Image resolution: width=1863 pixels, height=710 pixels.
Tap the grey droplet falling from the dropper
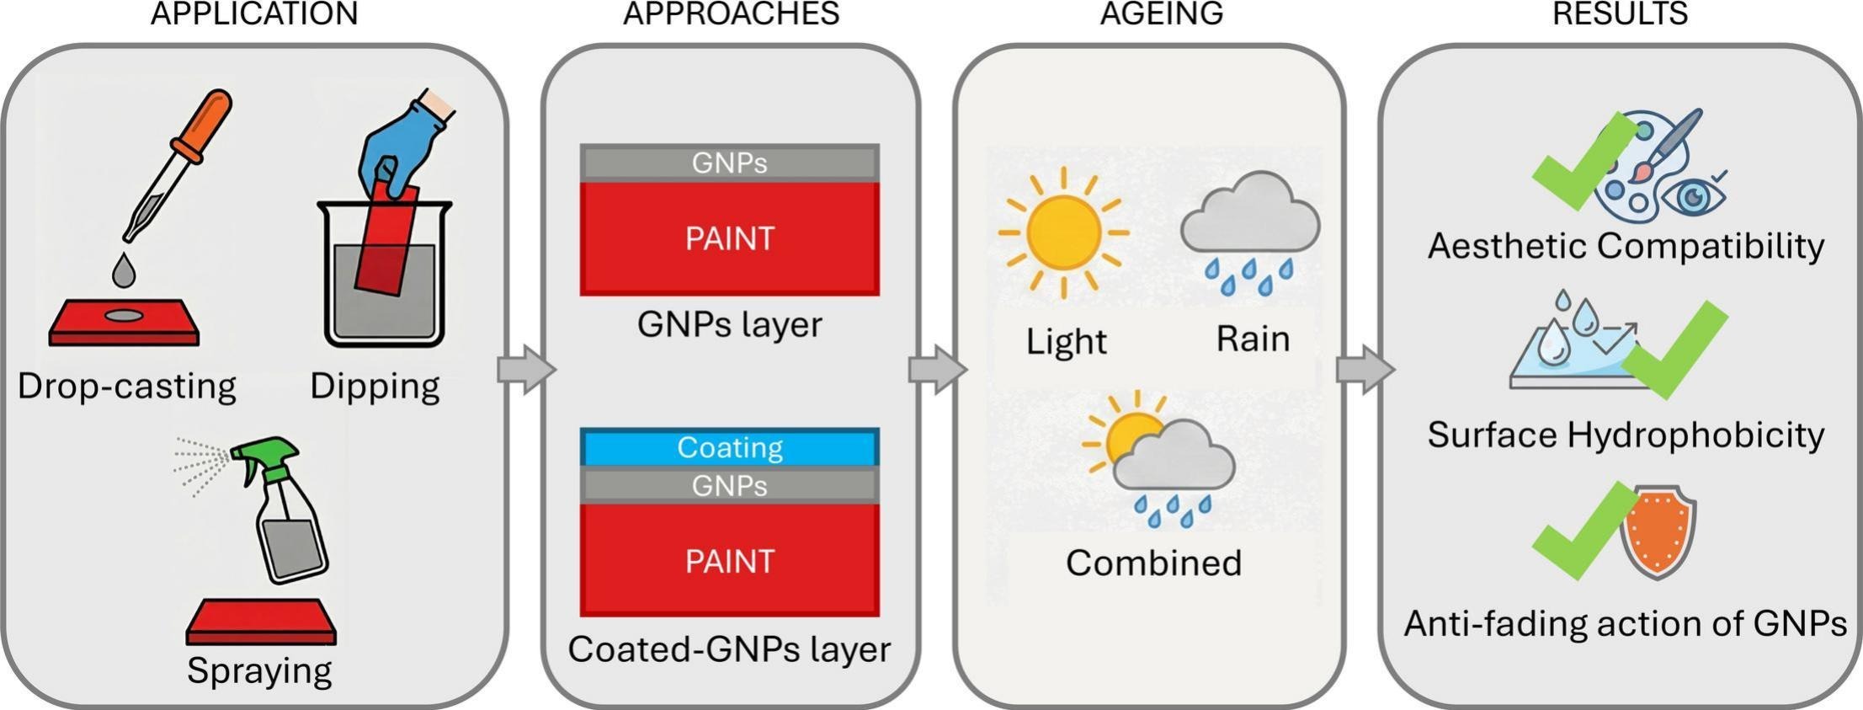coord(124,270)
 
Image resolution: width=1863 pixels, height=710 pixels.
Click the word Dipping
coord(375,387)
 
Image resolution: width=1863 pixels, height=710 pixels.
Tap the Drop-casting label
coord(126,387)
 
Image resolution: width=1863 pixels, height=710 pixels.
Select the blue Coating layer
coord(729,447)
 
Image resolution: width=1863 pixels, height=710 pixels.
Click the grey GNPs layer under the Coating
coord(729,486)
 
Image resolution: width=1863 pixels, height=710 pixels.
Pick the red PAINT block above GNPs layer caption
coord(729,238)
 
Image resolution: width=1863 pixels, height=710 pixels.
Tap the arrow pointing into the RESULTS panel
coord(1364,369)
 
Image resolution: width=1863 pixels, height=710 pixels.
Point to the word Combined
coord(1153,563)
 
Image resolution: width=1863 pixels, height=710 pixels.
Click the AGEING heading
coord(1161,13)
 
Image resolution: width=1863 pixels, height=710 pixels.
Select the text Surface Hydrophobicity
coord(1625,435)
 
